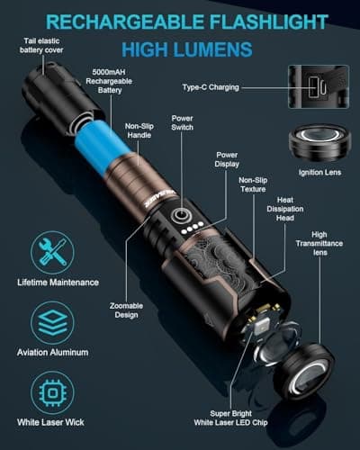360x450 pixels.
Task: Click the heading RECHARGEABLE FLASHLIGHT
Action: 179,20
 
